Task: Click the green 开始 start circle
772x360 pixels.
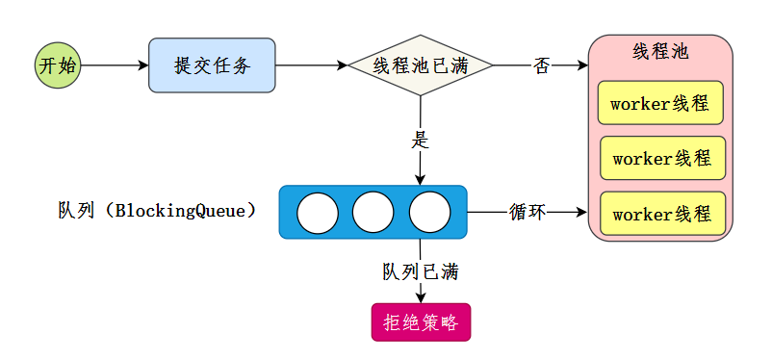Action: [x=58, y=65]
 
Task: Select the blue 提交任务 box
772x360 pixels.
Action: [x=212, y=65]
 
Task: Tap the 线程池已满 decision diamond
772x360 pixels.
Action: [x=420, y=65]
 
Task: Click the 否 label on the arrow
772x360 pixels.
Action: [x=542, y=65]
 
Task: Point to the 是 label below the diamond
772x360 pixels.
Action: [x=420, y=139]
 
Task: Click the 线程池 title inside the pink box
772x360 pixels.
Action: [x=660, y=51]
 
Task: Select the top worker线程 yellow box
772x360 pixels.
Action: [x=660, y=104]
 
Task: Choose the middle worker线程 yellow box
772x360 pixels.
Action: [x=662, y=158]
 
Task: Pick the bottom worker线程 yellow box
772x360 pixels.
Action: [x=662, y=213]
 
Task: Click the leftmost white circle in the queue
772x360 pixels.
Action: [x=317, y=213]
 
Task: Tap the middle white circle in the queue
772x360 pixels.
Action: [x=373, y=213]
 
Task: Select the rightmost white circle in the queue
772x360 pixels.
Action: [x=429, y=213]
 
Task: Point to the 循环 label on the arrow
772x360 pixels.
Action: [x=528, y=212]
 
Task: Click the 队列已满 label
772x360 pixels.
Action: [x=420, y=271]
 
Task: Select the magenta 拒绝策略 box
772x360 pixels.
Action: [x=421, y=322]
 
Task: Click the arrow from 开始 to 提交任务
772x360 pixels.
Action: [x=115, y=65]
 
